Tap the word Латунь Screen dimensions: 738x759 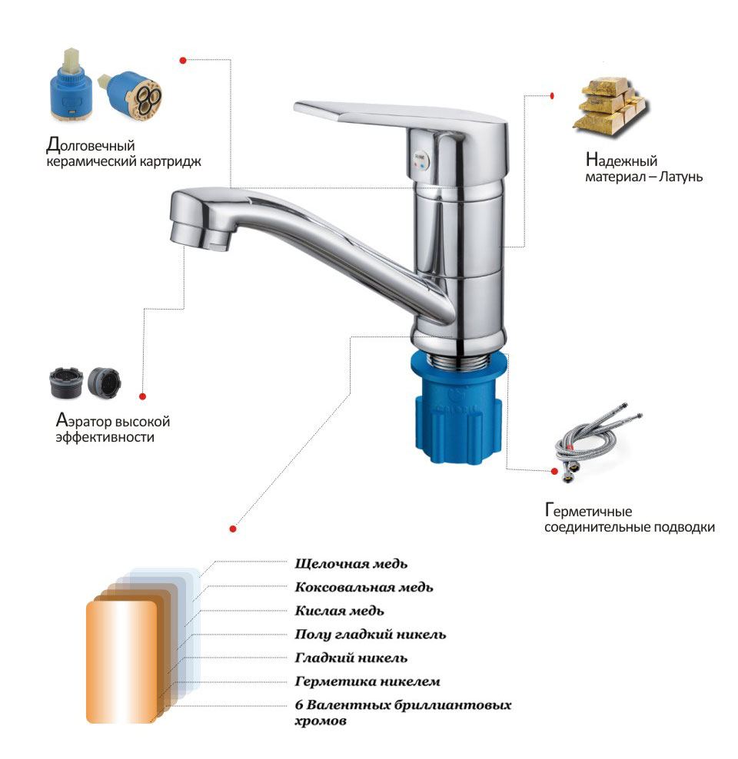680,176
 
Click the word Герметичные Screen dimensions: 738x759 588,511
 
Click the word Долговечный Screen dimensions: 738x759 91,144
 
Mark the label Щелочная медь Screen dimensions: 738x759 351,563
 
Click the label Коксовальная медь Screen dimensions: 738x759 364,587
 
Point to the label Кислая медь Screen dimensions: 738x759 340,611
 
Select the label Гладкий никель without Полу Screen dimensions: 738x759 351,658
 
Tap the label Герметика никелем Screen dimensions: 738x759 367,681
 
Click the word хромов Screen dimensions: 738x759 321,721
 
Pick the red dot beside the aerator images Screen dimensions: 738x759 142,396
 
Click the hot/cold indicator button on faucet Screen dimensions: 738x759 420,159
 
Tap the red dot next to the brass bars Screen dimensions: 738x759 552,96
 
